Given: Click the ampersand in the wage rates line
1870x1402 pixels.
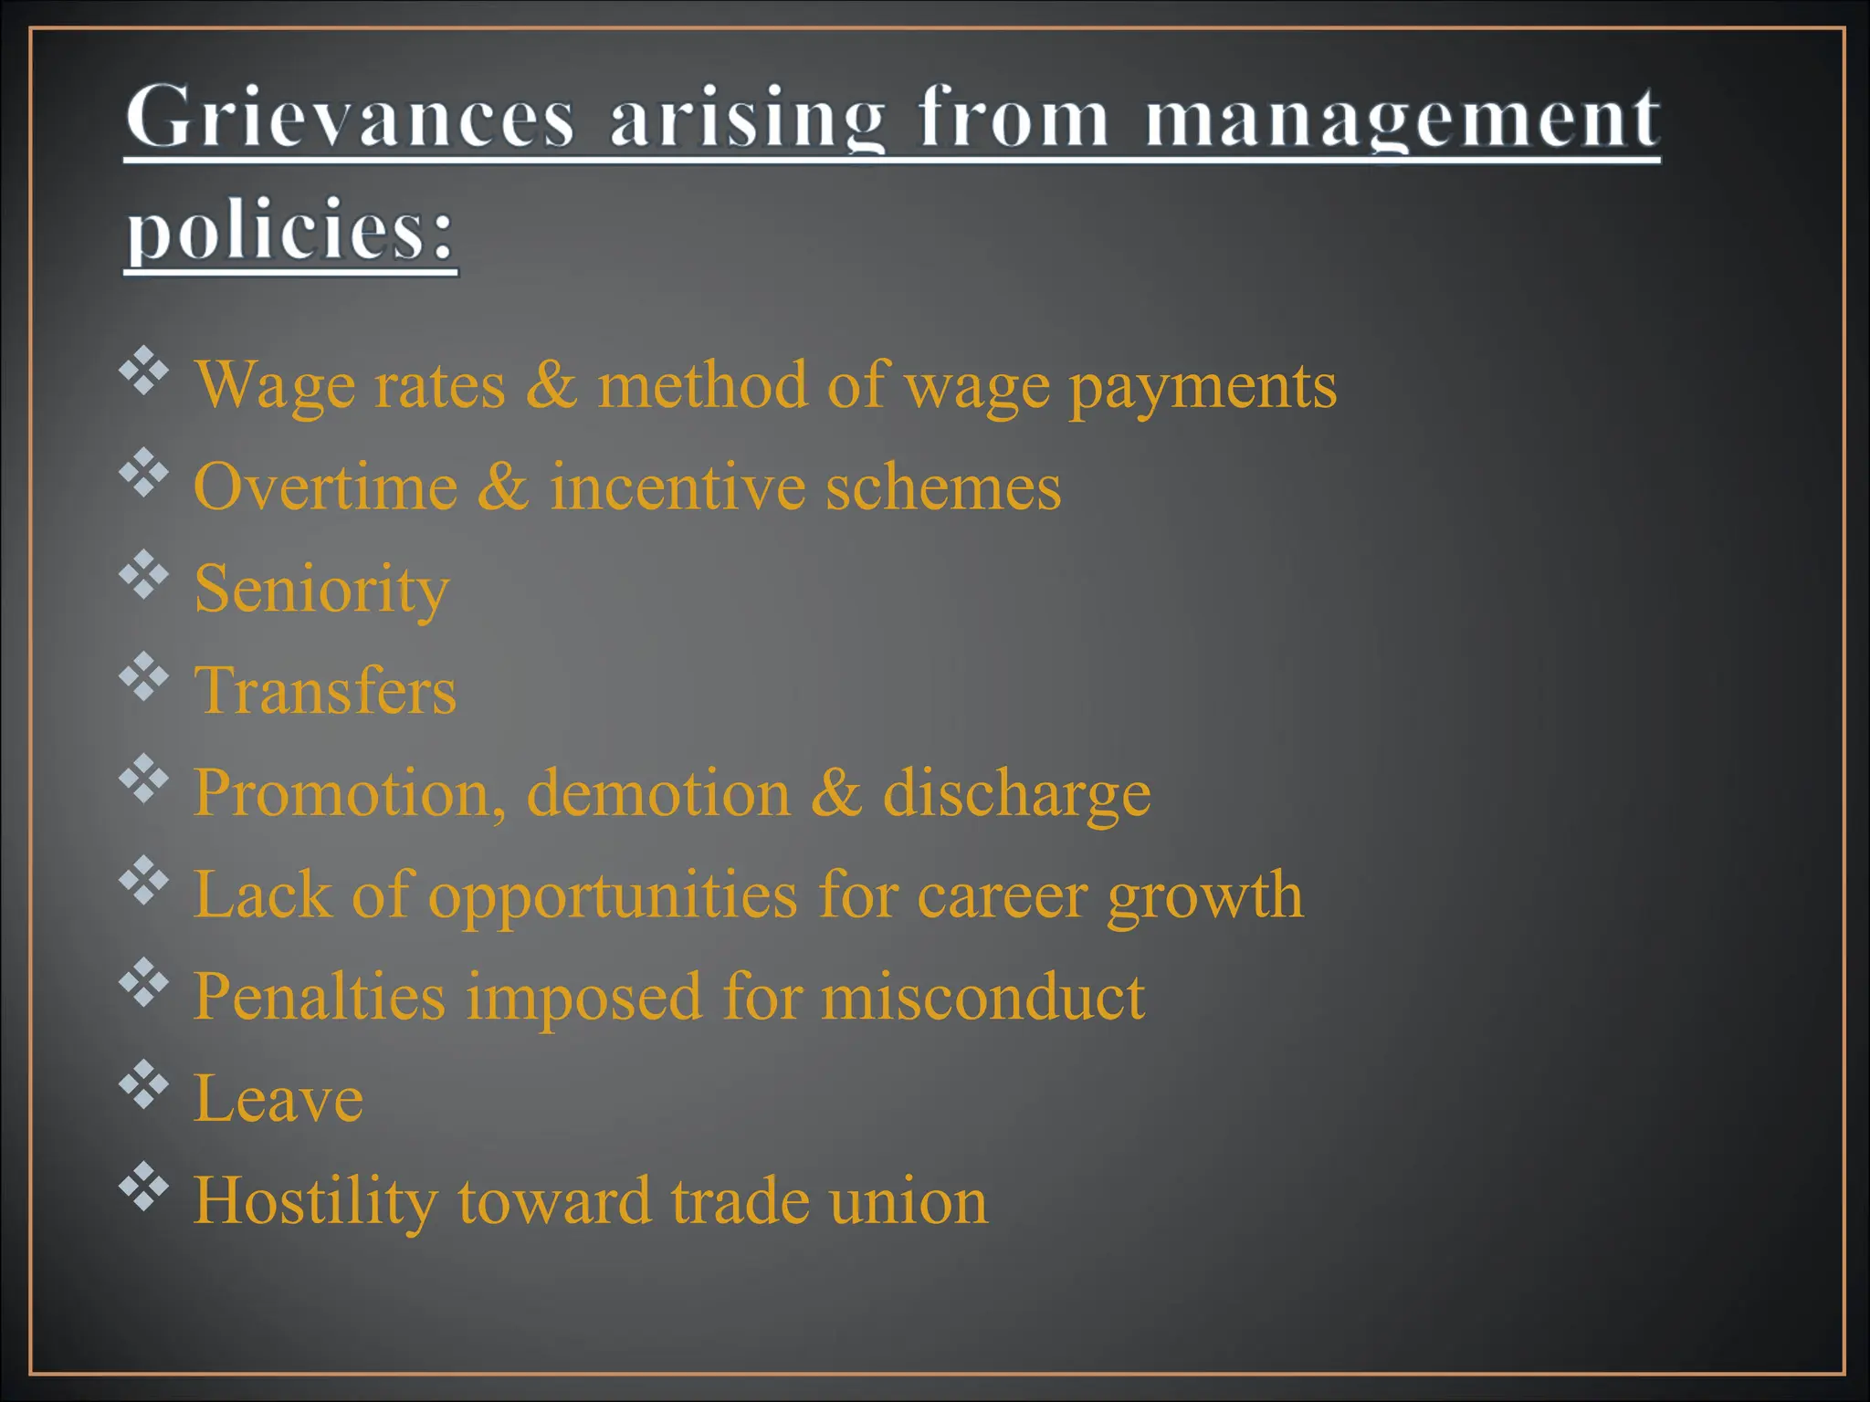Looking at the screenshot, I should tap(551, 384).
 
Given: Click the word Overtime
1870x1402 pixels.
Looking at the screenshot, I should tap(325, 487).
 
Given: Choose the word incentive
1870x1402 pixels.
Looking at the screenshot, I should tap(678, 487).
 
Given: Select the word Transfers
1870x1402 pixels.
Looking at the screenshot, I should tap(325, 690).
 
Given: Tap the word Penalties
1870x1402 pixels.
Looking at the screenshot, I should tap(320, 996).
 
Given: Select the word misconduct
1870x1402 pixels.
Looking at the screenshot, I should tap(982, 996).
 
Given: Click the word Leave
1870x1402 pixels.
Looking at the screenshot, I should tap(278, 1099).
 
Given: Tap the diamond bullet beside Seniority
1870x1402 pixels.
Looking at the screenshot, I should tap(144, 575).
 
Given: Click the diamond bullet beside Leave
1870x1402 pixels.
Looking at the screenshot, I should tap(144, 1084).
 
